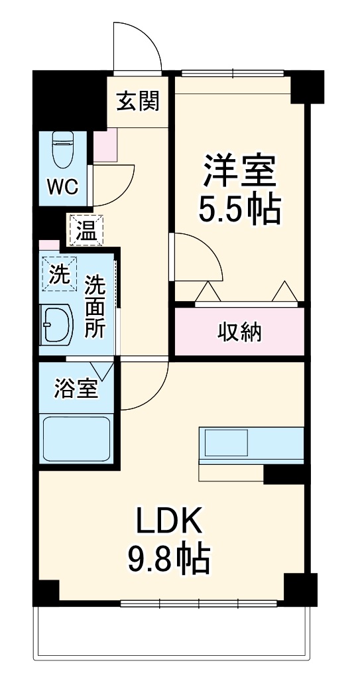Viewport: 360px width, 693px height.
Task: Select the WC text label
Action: point(62,186)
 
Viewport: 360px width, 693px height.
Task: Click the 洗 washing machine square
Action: point(60,274)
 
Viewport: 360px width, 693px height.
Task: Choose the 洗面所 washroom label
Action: point(95,307)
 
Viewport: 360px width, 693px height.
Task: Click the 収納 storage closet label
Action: point(239,332)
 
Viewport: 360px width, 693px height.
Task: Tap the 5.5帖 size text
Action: point(239,210)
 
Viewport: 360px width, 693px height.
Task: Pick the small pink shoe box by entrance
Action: point(105,147)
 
